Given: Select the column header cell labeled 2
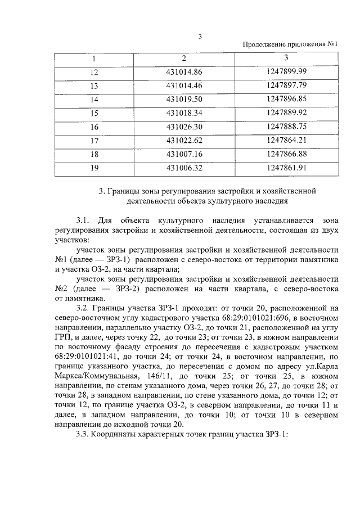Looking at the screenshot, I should click(184, 58).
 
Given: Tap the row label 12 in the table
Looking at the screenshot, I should click(94, 72).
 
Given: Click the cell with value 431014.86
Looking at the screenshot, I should click(184, 72).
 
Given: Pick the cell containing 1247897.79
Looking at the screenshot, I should click(286, 85).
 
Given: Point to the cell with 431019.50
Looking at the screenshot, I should click(184, 99).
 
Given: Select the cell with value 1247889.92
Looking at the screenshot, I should click(286, 112).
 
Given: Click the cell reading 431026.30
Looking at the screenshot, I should click(184, 127).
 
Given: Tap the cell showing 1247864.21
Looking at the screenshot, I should click(286, 140).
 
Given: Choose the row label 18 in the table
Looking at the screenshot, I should click(94, 154).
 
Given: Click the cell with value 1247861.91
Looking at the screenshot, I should click(286, 167).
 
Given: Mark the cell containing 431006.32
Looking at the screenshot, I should click(184, 167).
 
